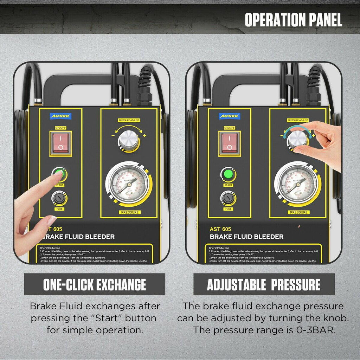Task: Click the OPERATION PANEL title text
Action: [x=293, y=20]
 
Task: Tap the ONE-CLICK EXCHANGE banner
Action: [x=94, y=284]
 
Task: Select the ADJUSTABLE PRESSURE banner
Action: [x=264, y=284]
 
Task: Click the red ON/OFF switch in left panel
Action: [x=60, y=143]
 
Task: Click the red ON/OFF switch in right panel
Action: [x=229, y=142]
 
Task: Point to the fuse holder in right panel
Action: [x=228, y=199]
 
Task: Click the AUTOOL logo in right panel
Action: [x=230, y=116]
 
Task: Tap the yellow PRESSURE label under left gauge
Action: [x=130, y=212]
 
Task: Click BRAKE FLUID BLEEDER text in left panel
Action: [x=78, y=237]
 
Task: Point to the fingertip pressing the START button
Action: [x=58, y=174]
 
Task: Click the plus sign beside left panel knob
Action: [x=144, y=135]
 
